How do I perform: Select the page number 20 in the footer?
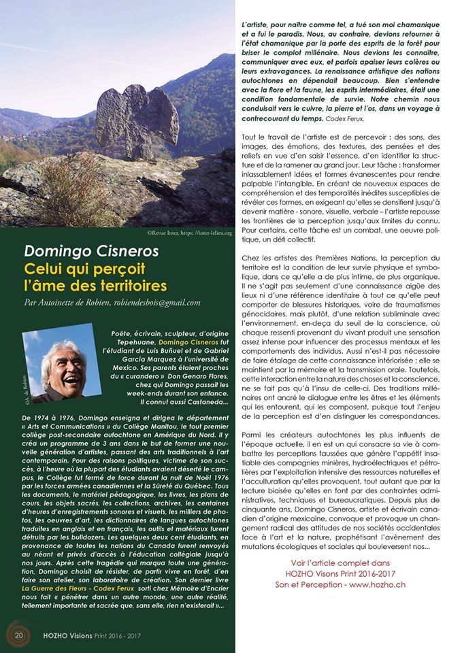coord(19,635)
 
